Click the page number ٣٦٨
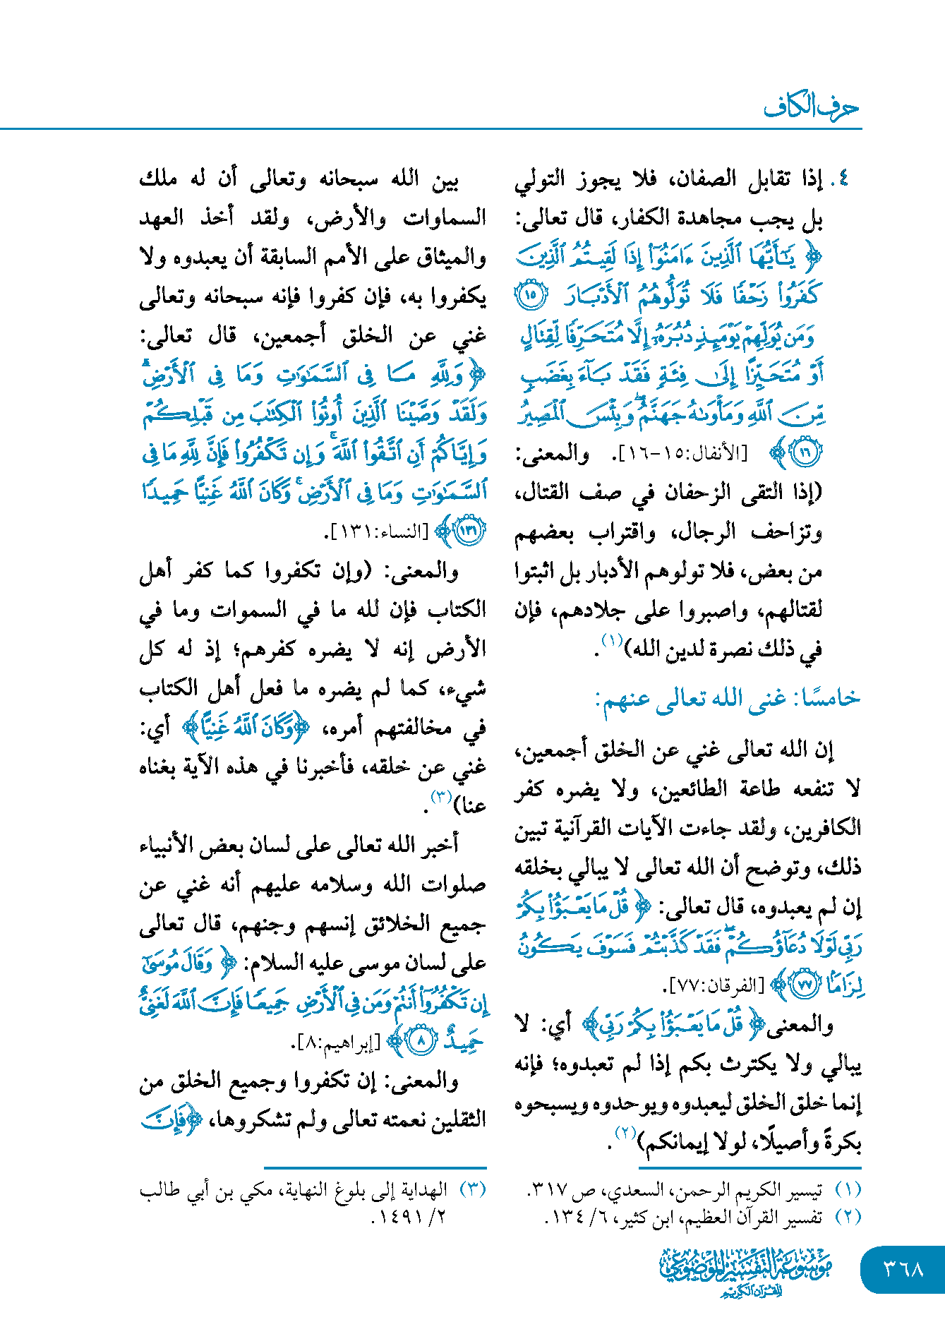point(903,1269)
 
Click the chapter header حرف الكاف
point(812,107)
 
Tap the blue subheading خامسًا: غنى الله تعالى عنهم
point(728,699)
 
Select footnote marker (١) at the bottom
point(848,1190)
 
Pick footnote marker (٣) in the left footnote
point(472,1190)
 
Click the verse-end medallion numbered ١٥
point(531,295)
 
